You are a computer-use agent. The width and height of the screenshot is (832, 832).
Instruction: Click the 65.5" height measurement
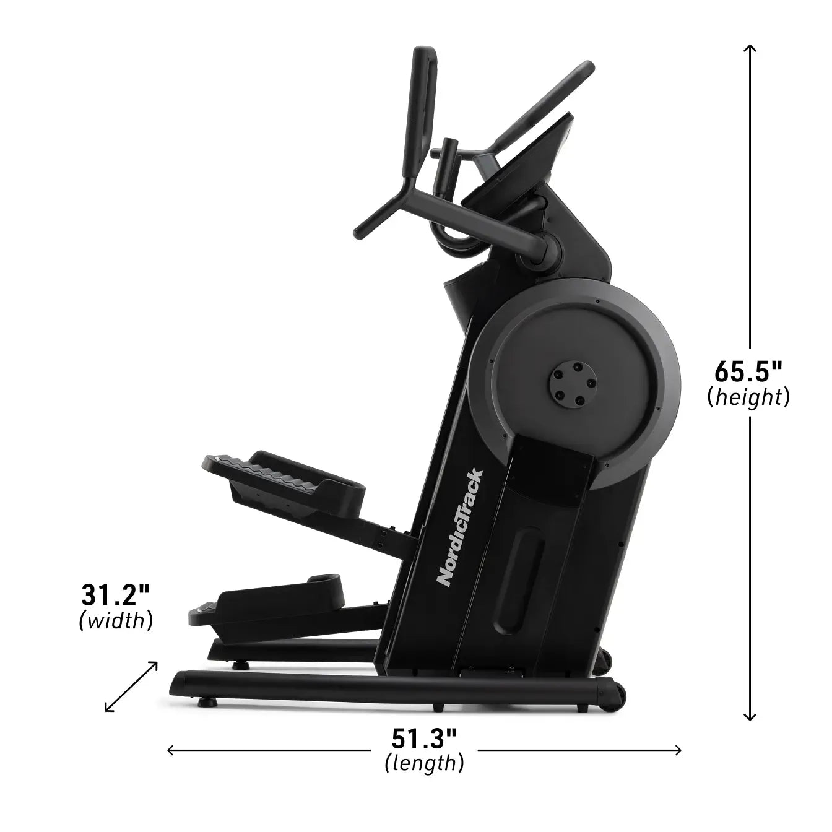748,373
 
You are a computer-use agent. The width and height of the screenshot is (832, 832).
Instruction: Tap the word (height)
748,397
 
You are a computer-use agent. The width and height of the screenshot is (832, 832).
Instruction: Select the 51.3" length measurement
424,738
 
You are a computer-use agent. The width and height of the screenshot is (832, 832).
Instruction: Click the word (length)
424,762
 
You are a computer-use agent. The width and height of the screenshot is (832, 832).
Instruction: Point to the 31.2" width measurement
116,596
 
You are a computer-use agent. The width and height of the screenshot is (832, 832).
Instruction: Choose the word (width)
116,620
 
